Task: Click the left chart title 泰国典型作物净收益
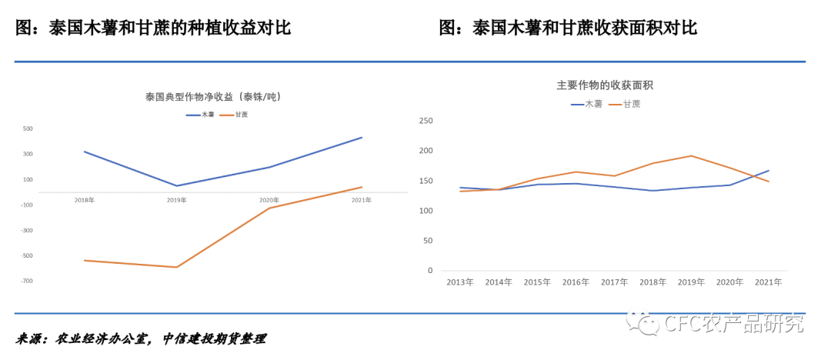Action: coord(212,97)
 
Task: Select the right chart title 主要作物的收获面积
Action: coord(605,85)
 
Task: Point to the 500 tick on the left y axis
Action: coord(28,128)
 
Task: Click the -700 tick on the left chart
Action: coord(27,281)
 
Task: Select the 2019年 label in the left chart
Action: coord(177,200)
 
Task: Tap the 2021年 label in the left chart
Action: coord(362,200)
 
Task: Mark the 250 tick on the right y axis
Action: coord(426,121)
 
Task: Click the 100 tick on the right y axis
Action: coord(426,211)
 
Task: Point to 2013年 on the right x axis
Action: coord(460,282)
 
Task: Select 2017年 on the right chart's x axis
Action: coord(614,282)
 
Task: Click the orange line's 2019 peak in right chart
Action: coord(691,155)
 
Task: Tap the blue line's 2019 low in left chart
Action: coord(177,185)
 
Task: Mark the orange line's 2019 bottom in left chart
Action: coord(177,267)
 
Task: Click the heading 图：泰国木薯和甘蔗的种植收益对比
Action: coord(154,28)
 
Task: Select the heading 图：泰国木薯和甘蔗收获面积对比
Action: coord(568,28)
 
